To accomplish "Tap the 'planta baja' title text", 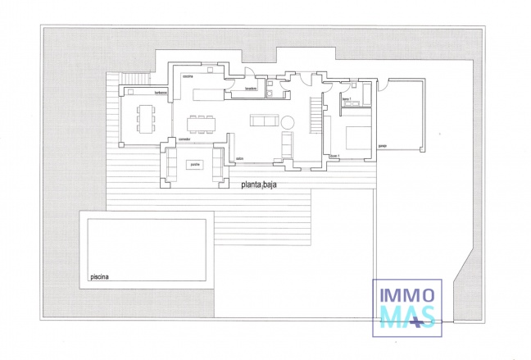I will tap(259, 185).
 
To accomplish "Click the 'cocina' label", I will tap(187, 75).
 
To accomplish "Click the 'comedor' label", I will tap(184, 139).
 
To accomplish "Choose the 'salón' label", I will tap(240, 158).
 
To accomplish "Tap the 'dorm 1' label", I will tap(334, 156).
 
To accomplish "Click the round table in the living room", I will tap(288, 122).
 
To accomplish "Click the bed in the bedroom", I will tap(357, 136).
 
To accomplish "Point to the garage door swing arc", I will tap(383, 84).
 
